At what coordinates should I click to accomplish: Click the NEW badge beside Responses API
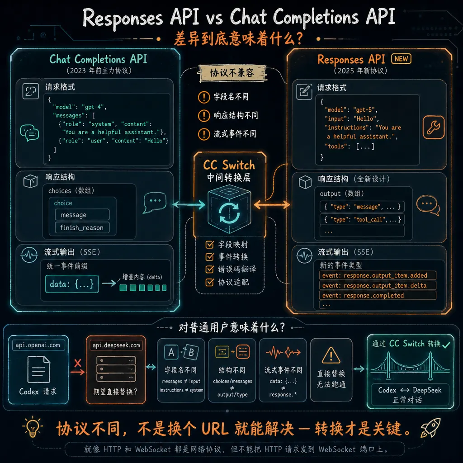pyautogui.click(x=401, y=59)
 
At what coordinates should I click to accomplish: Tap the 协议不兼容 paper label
pyautogui.click(x=232, y=73)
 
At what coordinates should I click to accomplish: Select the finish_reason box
pyautogui.click(x=82, y=228)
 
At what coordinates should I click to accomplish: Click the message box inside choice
pyautogui.click(x=82, y=215)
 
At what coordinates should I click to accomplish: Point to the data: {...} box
pyautogui.click(x=72, y=284)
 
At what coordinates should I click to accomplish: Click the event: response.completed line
pyautogui.click(x=378, y=295)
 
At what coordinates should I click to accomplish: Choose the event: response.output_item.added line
pyautogui.click(x=378, y=275)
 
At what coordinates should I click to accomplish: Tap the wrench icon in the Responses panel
pyautogui.click(x=433, y=128)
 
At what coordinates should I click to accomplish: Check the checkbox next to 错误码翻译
pyautogui.click(x=210, y=269)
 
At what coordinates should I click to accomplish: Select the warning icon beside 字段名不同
pyautogui.click(x=204, y=97)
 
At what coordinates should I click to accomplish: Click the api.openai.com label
pyautogui.click(x=38, y=345)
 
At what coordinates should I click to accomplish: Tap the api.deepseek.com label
pyautogui.click(x=116, y=345)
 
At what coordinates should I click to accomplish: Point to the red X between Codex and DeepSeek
pyautogui.click(x=78, y=363)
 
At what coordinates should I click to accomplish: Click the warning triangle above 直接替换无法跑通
pyautogui.click(x=331, y=355)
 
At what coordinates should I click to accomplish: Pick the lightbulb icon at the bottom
pyautogui.click(x=33, y=427)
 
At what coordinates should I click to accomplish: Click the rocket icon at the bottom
pyautogui.click(x=430, y=428)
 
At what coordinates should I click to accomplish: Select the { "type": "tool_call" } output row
pyautogui.click(x=362, y=219)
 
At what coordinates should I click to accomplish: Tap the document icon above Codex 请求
pyautogui.click(x=39, y=369)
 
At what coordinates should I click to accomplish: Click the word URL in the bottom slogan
pyautogui.click(x=215, y=429)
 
